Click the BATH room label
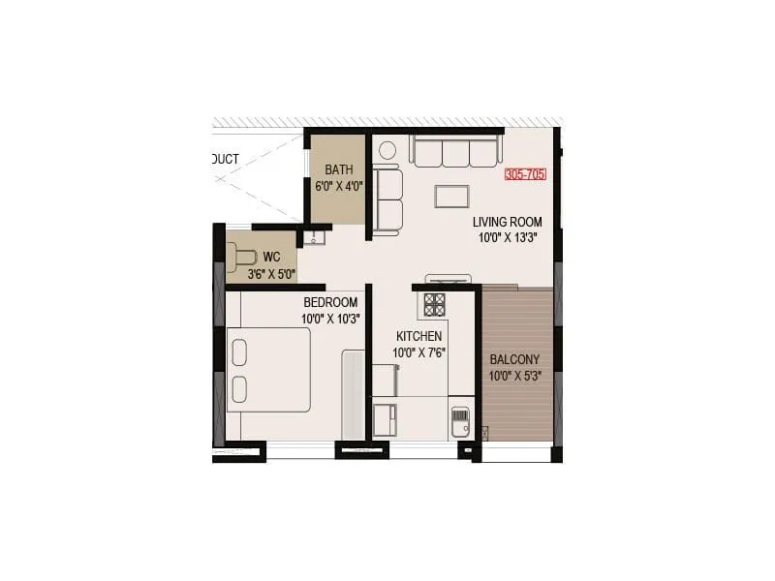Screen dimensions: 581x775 338,168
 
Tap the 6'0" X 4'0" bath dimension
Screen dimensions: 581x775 338,186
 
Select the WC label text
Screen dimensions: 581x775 272,257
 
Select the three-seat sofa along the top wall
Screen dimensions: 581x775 454,151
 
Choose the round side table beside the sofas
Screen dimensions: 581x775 387,151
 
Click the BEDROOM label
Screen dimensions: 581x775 330,302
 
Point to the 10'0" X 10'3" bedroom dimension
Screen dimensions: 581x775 330,319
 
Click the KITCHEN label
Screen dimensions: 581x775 419,336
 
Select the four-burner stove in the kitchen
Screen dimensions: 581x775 434,303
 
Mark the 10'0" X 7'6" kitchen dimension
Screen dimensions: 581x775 419,352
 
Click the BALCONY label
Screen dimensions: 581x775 514,358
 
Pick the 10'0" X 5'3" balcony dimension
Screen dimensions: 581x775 514,376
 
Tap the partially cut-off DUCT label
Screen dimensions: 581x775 225,160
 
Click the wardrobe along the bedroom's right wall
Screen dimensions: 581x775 353,394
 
